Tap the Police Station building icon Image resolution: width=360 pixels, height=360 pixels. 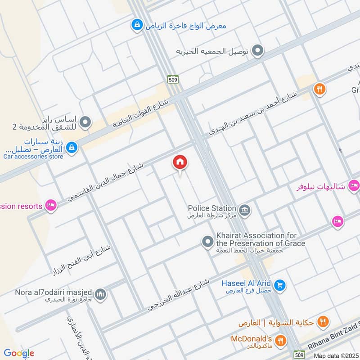coord(245,210)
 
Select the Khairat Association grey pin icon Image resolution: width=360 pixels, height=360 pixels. coord(207,242)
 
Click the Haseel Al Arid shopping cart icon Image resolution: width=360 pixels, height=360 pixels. coord(280,285)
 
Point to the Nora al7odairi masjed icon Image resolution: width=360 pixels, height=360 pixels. coord(101,294)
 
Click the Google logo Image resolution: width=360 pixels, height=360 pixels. coord(19,353)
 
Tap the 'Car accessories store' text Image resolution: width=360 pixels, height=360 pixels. coord(33,157)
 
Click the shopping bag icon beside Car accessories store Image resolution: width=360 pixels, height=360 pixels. coord(72,147)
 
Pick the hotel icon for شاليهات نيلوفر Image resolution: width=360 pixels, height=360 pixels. coord(354,185)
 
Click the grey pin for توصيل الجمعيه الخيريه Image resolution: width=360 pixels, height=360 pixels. coord(257,51)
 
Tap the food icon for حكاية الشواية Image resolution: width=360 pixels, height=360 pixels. coord(322,322)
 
